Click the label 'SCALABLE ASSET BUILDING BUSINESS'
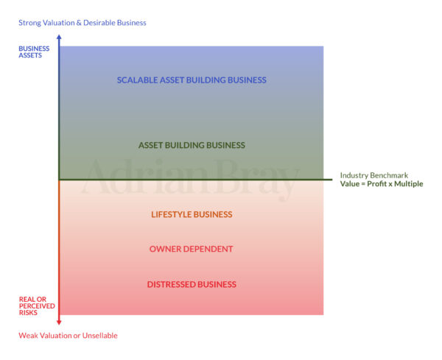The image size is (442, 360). point(192,80)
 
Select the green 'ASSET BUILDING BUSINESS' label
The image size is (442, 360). point(192,145)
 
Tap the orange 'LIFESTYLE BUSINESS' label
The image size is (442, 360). point(192,214)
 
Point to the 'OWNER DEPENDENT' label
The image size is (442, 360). point(192,249)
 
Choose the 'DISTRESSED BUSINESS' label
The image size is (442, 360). point(192,284)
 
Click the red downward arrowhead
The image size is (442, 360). point(59,321)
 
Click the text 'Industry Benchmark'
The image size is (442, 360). point(375,175)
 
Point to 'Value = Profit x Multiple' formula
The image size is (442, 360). point(382,184)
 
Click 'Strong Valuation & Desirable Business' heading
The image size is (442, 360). point(83,23)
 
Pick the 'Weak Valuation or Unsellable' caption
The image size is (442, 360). point(68,336)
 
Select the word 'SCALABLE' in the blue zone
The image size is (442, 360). point(137,80)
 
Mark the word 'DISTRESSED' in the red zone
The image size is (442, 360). point(171,284)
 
